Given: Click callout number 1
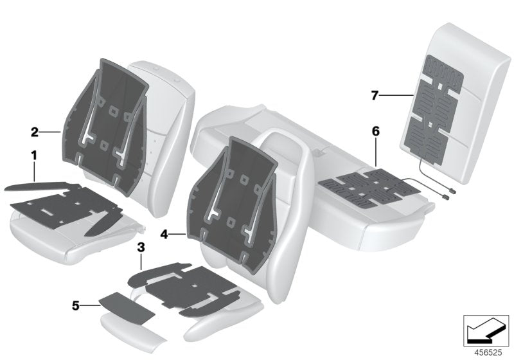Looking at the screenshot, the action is coord(34,156).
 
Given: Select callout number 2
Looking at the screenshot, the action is coord(35,132).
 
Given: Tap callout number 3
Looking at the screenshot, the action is coord(141,248).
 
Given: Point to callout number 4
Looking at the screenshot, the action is coord(164,235).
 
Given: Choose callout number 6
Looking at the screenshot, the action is coord(376,132).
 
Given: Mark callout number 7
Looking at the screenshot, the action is coord(375,96).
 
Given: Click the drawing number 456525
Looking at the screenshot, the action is coord(488,353).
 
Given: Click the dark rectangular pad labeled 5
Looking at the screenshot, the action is coord(127,307).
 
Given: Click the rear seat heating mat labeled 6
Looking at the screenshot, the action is coord(371,188).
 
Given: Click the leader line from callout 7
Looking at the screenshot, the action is coord(397,95).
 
